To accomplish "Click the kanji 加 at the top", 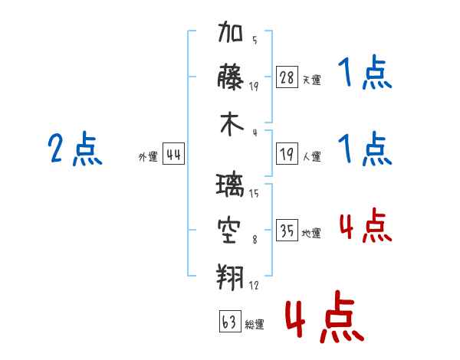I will pyautogui.click(x=232, y=34).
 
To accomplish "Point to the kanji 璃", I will pyautogui.click(x=232, y=186).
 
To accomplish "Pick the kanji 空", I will pyautogui.click(x=232, y=229).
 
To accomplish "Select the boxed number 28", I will pyautogui.click(x=287, y=77).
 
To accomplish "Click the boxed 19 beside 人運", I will pyautogui.click(x=287, y=155).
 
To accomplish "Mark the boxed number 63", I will pyautogui.click(x=229, y=322).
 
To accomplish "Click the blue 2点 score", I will pyautogui.click(x=75, y=149).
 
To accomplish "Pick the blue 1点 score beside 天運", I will pyautogui.click(x=364, y=74).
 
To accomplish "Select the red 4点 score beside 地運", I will pyautogui.click(x=365, y=227).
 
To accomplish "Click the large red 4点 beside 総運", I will pyautogui.click(x=323, y=317).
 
